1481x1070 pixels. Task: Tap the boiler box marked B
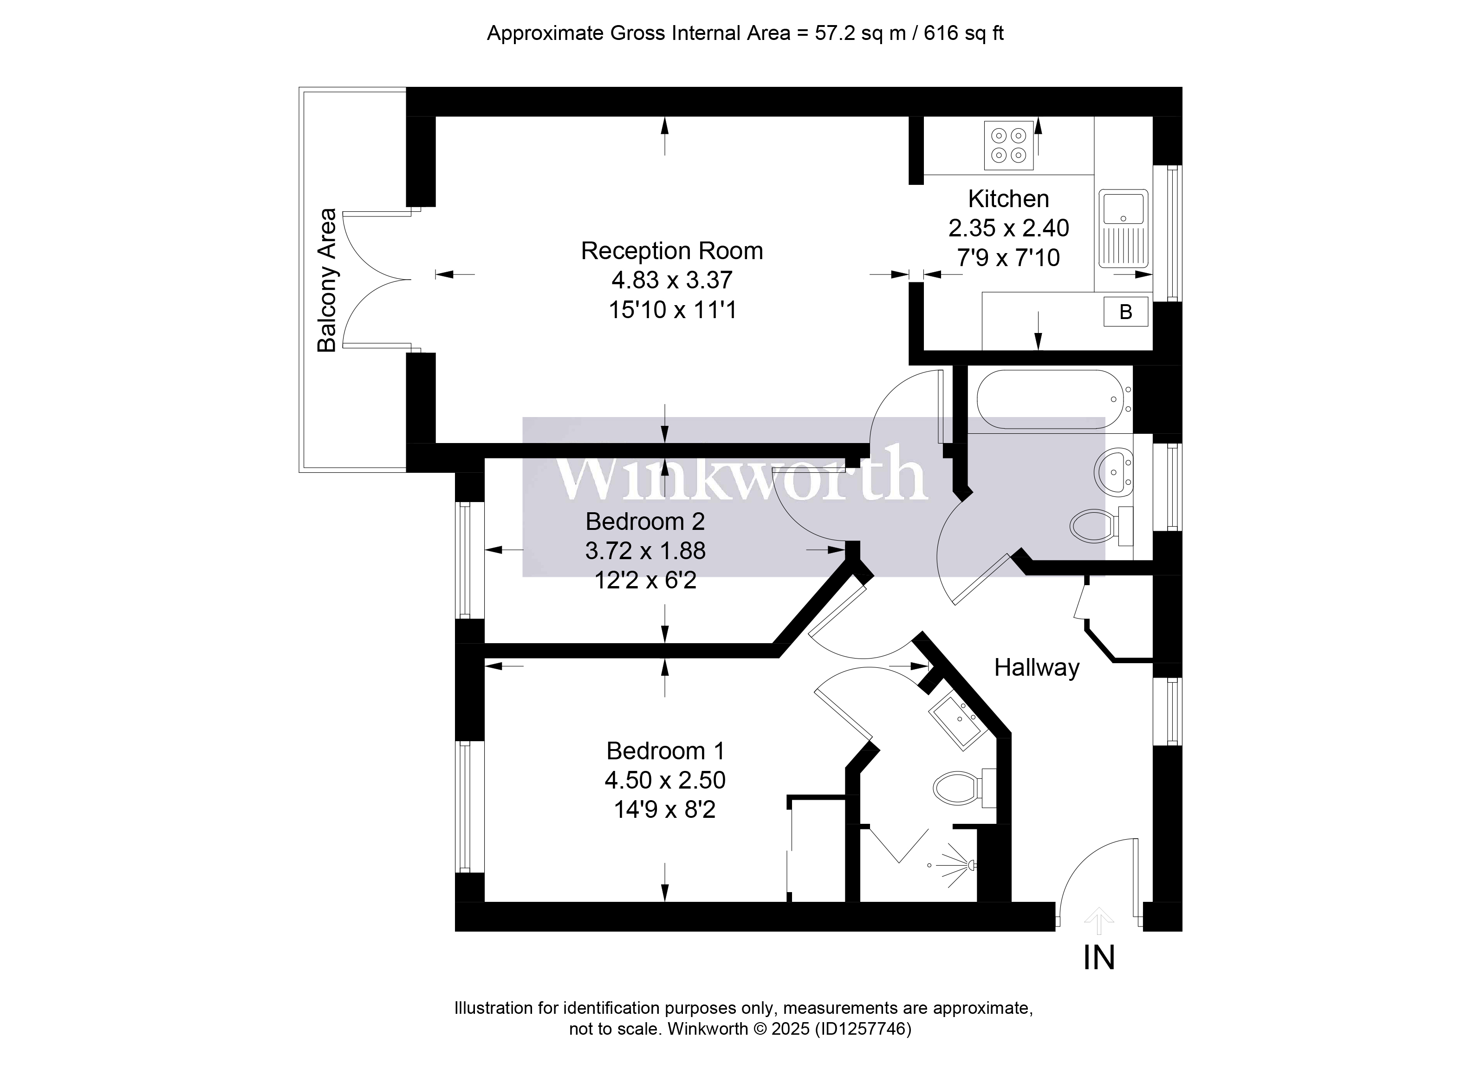point(1125,312)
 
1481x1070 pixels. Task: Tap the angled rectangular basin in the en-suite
point(957,721)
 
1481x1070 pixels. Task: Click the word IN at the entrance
point(1099,958)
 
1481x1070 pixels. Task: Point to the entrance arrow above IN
point(1099,921)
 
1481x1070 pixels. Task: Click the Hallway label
point(1036,668)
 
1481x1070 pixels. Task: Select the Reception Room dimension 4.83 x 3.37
point(672,280)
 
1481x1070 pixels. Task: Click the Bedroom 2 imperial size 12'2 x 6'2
point(645,580)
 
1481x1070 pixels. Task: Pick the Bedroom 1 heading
point(665,751)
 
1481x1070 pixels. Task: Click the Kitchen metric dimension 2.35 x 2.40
point(1008,228)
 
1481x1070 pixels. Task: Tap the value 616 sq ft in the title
point(963,33)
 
